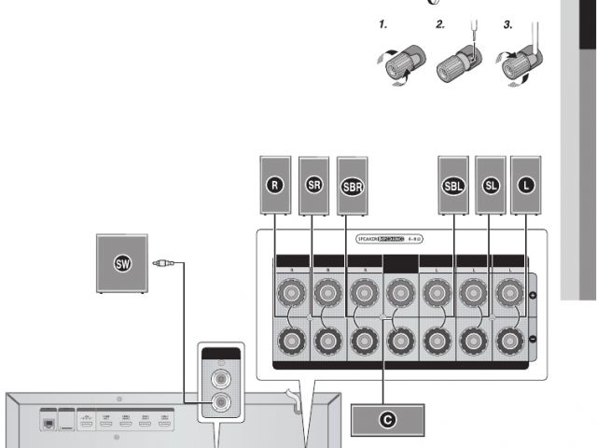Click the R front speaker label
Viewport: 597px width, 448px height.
pyautogui.click(x=273, y=185)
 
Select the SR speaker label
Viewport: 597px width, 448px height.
pyautogui.click(x=313, y=185)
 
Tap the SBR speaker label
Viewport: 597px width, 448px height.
pyautogui.click(x=352, y=185)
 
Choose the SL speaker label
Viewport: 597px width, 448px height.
pyautogui.click(x=490, y=185)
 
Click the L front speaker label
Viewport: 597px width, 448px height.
pyautogui.click(x=527, y=185)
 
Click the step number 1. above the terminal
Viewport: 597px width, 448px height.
pyautogui.click(x=383, y=25)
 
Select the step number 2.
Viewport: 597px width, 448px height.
pyautogui.click(x=441, y=25)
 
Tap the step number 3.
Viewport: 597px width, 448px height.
pyautogui.click(x=508, y=25)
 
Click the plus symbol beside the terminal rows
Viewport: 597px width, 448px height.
pyautogui.click(x=534, y=296)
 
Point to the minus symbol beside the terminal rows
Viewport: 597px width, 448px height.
pyautogui.click(x=534, y=338)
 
